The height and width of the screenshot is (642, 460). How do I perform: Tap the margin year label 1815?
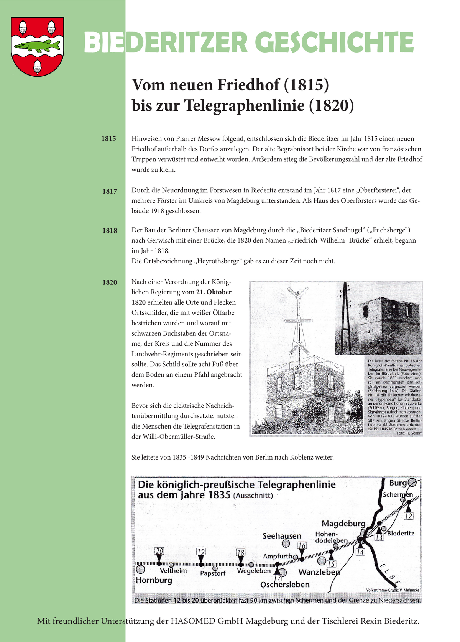tap(109, 139)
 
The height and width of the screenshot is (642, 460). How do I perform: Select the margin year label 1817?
tap(110, 191)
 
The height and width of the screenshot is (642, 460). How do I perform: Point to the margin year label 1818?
tap(110, 231)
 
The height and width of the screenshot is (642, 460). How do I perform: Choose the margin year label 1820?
tap(110, 282)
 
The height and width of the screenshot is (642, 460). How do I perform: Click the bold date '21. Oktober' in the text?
tap(214, 292)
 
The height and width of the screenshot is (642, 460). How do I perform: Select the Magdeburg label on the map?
tap(343, 524)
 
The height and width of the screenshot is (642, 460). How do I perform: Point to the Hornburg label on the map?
tap(154, 580)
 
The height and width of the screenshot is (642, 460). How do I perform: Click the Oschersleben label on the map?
tap(285, 585)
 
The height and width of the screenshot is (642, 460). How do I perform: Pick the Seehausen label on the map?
tap(282, 536)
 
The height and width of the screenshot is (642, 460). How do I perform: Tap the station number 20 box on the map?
tap(159, 552)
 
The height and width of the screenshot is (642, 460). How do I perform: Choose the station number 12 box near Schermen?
tap(409, 516)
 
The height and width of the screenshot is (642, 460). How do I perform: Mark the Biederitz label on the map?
tap(401, 533)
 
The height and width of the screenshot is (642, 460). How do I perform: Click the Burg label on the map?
tap(398, 483)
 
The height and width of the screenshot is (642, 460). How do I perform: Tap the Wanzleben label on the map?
tap(319, 572)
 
